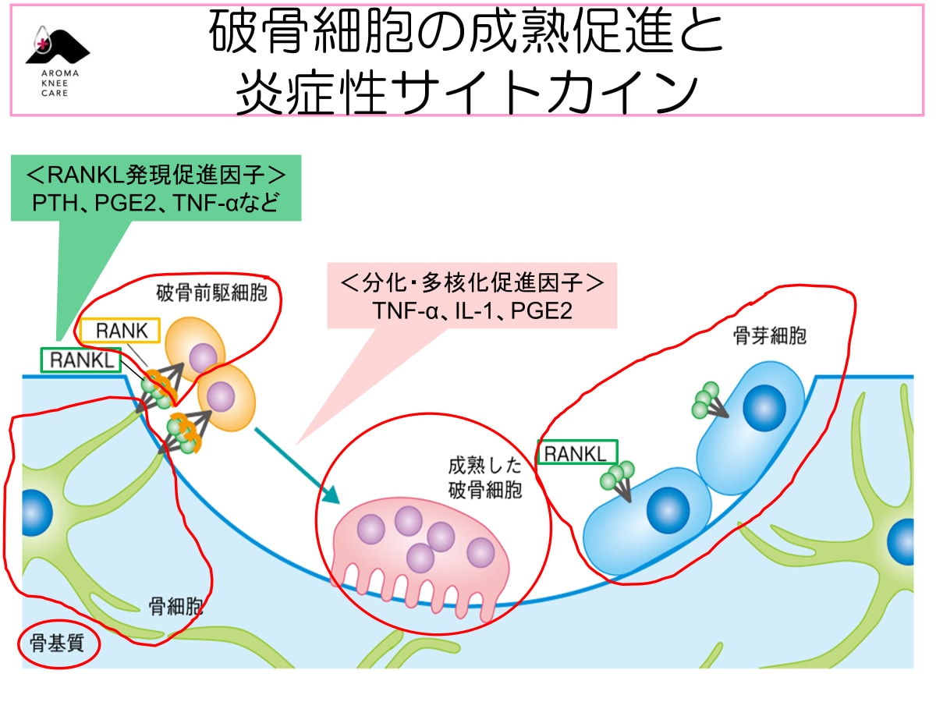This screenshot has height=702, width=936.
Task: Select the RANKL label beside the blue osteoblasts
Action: (x=577, y=453)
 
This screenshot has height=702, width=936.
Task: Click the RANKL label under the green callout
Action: (x=80, y=360)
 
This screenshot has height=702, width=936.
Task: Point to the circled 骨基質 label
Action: (x=58, y=644)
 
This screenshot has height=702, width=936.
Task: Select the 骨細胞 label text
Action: (x=175, y=606)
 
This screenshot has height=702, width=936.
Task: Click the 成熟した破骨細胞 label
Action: (x=484, y=478)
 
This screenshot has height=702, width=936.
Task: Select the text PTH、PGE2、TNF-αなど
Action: (x=155, y=204)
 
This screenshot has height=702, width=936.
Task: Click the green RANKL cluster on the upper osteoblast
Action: (x=706, y=399)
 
